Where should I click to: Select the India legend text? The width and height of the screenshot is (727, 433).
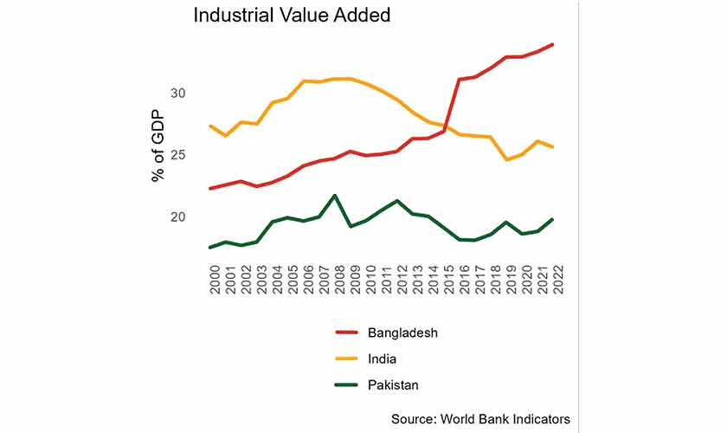pyautogui.click(x=382, y=359)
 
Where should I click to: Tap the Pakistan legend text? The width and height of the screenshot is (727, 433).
pyautogui.click(x=395, y=385)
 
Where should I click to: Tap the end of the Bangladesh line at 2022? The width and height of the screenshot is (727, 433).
pyautogui.click(x=553, y=44)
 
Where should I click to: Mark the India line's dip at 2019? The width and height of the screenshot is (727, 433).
pyautogui.click(x=507, y=159)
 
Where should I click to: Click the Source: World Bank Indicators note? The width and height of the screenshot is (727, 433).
pyautogui.click(x=480, y=418)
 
